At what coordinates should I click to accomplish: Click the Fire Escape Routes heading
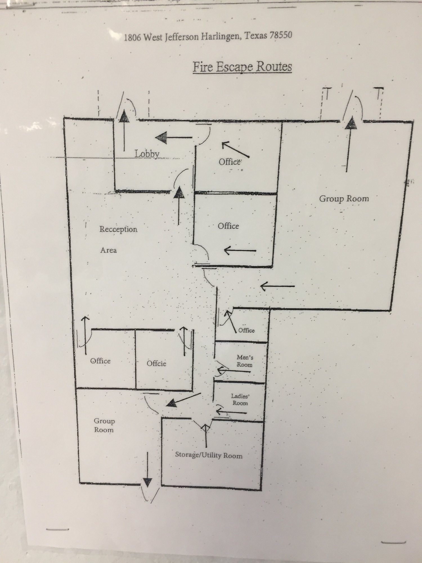point(242,67)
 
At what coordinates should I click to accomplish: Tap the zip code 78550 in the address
point(280,35)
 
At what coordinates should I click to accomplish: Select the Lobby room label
point(147,154)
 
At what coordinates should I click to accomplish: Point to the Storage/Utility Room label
point(209,455)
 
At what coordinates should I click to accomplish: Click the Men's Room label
point(244,361)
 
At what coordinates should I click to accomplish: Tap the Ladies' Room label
point(240,399)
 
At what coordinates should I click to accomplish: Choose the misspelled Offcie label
point(156,363)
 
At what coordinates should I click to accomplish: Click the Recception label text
point(118,229)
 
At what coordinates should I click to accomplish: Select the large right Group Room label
point(344,199)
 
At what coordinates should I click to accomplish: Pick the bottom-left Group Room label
point(104,425)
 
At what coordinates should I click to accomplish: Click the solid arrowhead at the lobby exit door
point(124,116)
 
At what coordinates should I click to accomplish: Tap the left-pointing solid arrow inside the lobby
point(174,138)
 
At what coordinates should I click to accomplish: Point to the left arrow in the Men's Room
point(233,371)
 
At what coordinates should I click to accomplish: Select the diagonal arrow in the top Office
point(235,149)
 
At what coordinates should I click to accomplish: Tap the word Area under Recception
point(109,250)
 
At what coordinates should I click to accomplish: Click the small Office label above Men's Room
point(246,330)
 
